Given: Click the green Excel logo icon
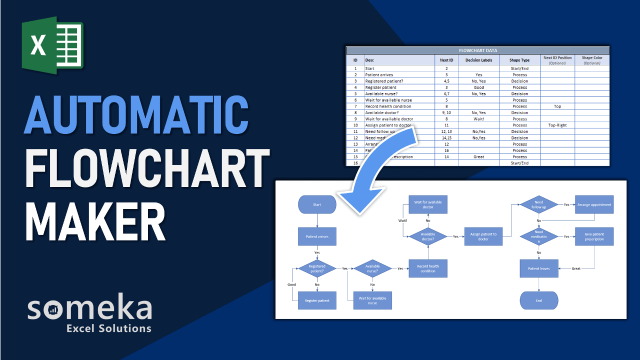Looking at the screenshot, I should pyautogui.click(x=52, y=45).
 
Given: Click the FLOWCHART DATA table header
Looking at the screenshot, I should pyautogui.click(x=477, y=50).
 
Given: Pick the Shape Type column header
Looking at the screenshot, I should pyautogui.click(x=519, y=60).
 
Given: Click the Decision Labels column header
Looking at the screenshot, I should pyautogui.click(x=478, y=60).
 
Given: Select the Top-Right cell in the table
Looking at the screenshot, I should pyautogui.click(x=557, y=125).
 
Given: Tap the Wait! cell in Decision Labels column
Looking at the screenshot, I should pyautogui.click(x=478, y=119).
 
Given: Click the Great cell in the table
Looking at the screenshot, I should pyautogui.click(x=478, y=157).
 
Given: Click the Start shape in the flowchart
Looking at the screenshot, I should pyautogui.click(x=317, y=204).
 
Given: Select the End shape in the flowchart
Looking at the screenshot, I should pyautogui.click(x=538, y=300).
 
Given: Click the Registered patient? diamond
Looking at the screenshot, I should pyautogui.click(x=317, y=268).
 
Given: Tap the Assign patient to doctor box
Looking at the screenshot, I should pyautogui.click(x=483, y=236).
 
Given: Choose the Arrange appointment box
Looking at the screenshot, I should pyautogui.click(x=594, y=204).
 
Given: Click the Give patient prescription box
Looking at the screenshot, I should pyautogui.click(x=594, y=236).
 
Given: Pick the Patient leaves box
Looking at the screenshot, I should pyautogui.click(x=538, y=268).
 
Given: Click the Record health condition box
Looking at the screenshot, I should pyautogui.click(x=428, y=268).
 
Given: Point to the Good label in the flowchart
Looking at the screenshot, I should pyautogui.click(x=291, y=284).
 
